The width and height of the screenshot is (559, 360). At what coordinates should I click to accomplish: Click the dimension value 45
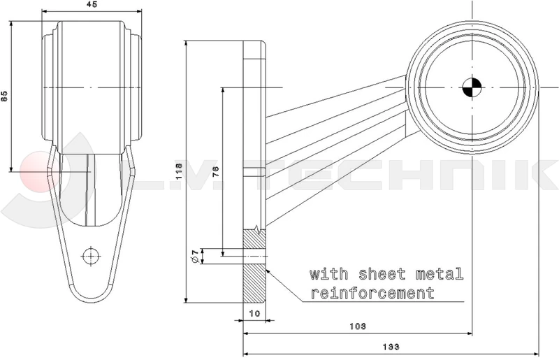(x=92, y=5)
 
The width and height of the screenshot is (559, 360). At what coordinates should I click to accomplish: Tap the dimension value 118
(x=179, y=169)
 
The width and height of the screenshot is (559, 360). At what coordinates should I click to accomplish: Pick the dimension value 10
(x=254, y=314)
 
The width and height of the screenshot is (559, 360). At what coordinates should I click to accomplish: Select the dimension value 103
(x=357, y=326)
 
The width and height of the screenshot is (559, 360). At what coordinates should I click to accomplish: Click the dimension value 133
(x=391, y=347)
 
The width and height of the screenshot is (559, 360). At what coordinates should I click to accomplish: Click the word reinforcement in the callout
(x=372, y=291)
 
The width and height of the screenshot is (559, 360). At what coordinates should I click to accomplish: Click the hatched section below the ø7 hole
(x=255, y=283)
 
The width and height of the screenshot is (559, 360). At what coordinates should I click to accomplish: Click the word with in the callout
(x=325, y=273)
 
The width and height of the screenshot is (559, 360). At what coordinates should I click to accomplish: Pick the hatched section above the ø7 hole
(x=255, y=239)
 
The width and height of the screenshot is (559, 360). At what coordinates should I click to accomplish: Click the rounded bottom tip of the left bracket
(x=91, y=297)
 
